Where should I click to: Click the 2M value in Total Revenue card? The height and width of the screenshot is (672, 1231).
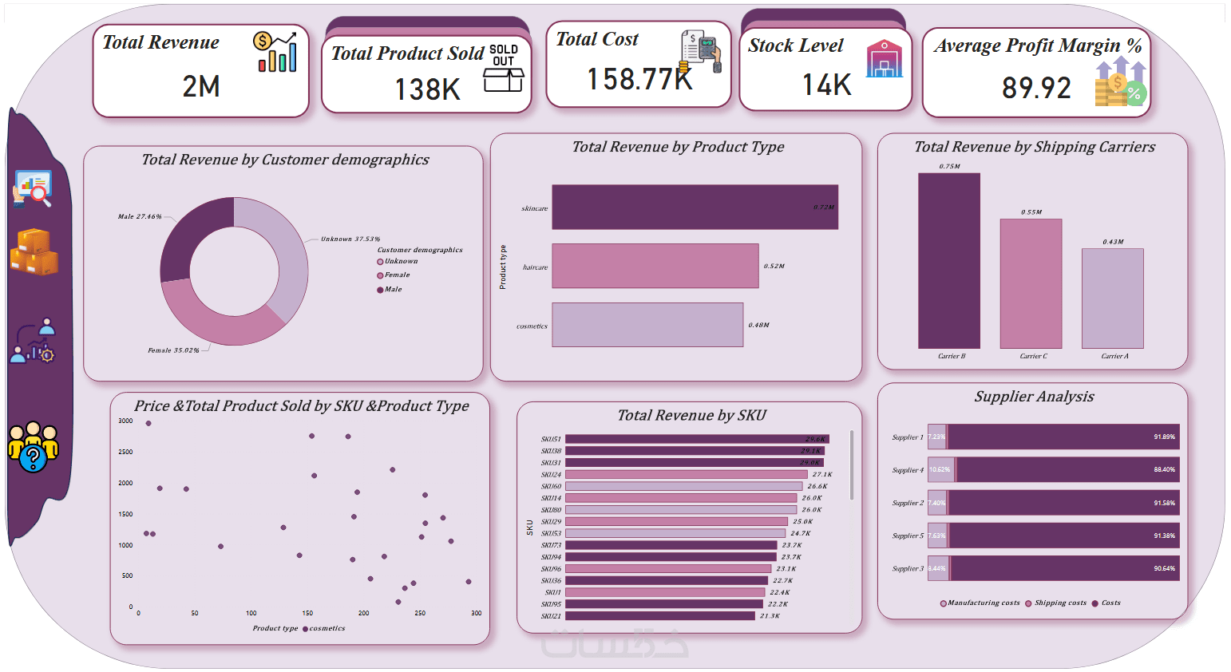pos(201,86)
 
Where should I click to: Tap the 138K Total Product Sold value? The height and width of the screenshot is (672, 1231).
pos(428,89)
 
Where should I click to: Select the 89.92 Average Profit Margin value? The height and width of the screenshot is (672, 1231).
pos(1036,88)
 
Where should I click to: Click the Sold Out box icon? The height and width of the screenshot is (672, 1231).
pos(504,69)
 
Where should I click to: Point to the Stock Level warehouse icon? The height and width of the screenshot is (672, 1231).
pos(884,60)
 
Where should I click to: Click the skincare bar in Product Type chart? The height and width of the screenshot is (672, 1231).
pos(695,208)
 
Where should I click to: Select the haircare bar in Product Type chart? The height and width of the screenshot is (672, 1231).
pos(655,266)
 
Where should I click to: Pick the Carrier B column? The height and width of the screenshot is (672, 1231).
pos(949,260)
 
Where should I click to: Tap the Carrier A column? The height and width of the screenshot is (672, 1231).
pos(1112,298)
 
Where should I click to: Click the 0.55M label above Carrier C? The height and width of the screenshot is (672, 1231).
pos(1031,212)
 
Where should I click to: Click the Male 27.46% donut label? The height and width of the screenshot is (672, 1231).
pos(140,216)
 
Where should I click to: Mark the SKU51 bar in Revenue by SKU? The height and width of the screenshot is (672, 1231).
pos(696,439)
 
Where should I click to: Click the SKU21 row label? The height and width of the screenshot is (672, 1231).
pos(551,616)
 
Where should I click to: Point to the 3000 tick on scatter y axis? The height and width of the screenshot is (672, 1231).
pos(125,421)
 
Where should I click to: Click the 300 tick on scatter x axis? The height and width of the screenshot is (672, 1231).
pos(476,613)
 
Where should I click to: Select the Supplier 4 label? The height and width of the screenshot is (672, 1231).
pos(908,470)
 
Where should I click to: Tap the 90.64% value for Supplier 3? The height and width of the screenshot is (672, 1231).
pos(1164,568)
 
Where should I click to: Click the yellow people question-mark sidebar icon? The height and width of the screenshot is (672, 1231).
pos(33,447)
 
